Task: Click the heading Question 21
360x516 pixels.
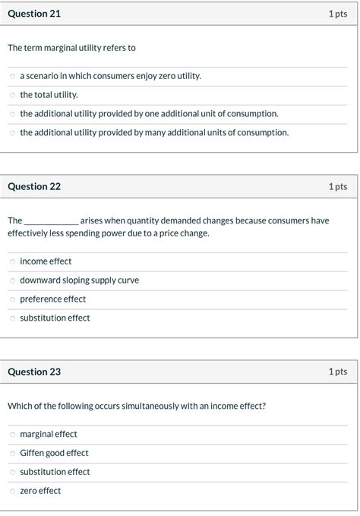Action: pyautogui.click(x=34, y=14)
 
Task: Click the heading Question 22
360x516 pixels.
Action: pyautogui.click(x=34, y=186)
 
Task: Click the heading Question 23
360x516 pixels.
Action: pyautogui.click(x=34, y=372)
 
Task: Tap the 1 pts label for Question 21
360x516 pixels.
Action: pyautogui.click(x=337, y=14)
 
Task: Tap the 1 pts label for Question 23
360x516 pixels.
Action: pyautogui.click(x=337, y=372)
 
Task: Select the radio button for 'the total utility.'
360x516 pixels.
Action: pyautogui.click(x=12, y=95)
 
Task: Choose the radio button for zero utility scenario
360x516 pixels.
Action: pyautogui.click(x=12, y=76)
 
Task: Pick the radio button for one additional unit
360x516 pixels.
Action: pyautogui.click(x=12, y=114)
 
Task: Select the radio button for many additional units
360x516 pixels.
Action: pyautogui.click(x=12, y=133)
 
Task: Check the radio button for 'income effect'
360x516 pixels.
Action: pyautogui.click(x=12, y=261)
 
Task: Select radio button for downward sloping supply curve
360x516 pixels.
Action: pyautogui.click(x=12, y=280)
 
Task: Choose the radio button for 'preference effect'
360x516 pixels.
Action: pyautogui.click(x=12, y=299)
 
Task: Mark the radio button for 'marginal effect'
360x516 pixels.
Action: pyautogui.click(x=12, y=435)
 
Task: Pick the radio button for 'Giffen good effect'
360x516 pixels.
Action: pyautogui.click(x=12, y=454)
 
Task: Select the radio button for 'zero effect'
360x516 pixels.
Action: pyautogui.click(x=12, y=491)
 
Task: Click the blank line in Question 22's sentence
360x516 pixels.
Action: pyautogui.click(x=51, y=221)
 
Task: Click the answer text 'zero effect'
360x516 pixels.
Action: pyautogui.click(x=40, y=491)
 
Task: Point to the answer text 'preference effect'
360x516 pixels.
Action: pyautogui.click(x=52, y=299)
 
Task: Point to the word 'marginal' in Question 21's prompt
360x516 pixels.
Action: pyautogui.click(x=65, y=48)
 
